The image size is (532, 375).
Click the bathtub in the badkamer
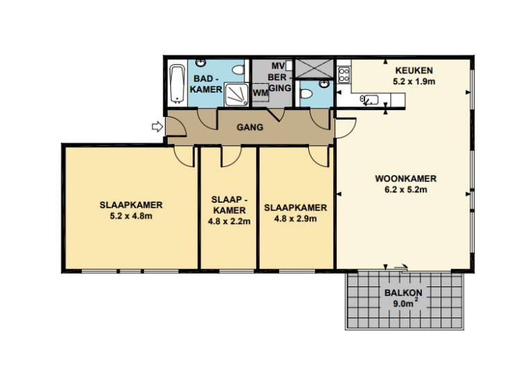coord(177,83)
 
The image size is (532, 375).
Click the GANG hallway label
coord(249,128)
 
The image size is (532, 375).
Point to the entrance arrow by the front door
coord(157,126)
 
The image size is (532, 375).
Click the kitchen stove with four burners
coord(344,71)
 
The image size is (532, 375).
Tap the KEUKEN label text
coord(414,71)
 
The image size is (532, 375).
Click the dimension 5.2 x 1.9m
coord(414,82)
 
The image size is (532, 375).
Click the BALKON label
coord(403,292)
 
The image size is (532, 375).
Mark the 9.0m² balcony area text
coord(403,303)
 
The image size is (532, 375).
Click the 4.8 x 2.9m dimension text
coord(295,219)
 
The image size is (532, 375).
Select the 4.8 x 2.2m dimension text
coord(229,222)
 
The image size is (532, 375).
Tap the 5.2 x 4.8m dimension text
coord(131,216)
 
